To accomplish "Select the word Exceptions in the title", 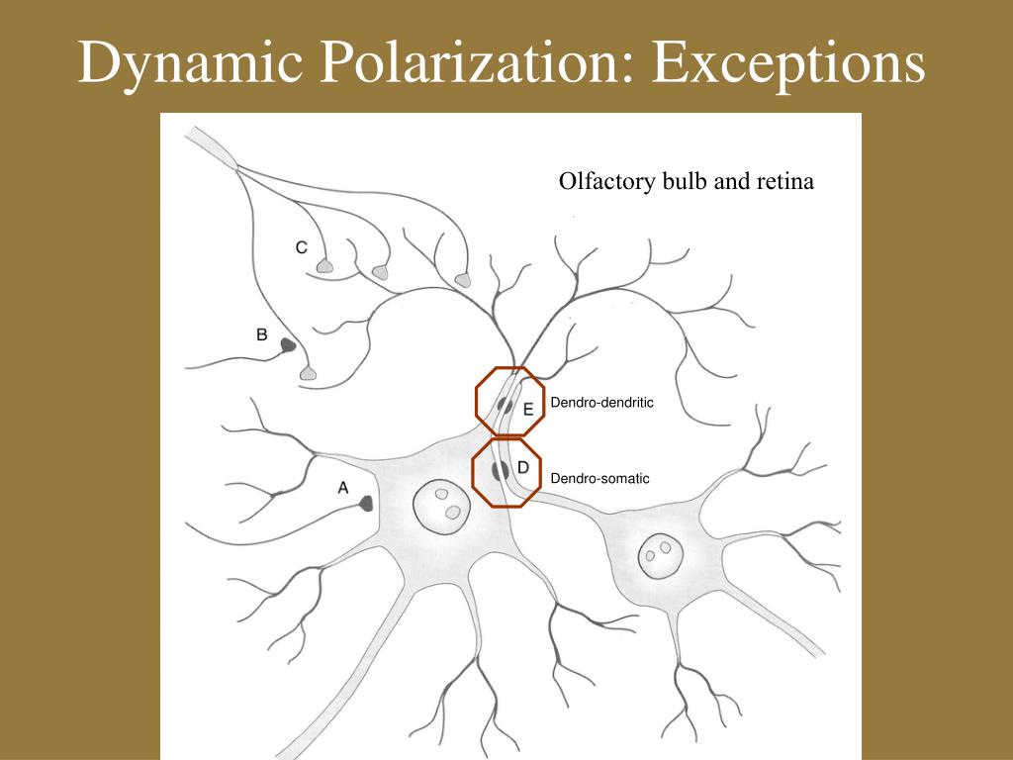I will (787, 65).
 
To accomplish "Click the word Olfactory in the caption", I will (599, 182).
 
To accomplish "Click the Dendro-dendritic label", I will (602, 403).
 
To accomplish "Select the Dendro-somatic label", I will (599, 478).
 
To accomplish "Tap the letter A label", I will (343, 486).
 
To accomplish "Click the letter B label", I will (261, 334).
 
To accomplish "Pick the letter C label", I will (302, 247).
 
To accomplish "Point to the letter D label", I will (523, 466).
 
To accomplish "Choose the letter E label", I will (527, 408).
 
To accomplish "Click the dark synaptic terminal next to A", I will (366, 504).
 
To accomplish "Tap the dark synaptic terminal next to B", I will (289, 345).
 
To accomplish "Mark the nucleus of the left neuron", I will (442, 504).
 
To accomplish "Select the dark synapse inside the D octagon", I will (501, 471).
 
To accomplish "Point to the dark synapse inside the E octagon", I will (505, 404).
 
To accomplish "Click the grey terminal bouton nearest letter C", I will (324, 266).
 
